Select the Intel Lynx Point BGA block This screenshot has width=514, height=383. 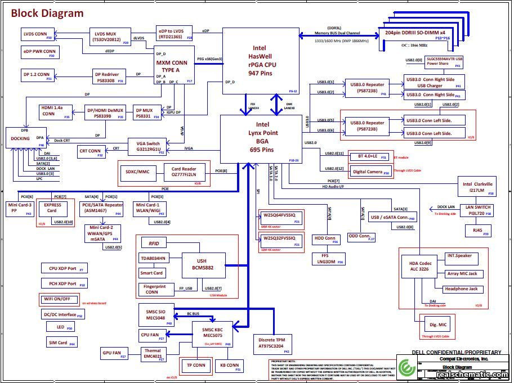pos(260,138)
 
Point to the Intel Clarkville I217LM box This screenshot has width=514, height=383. pos(477,188)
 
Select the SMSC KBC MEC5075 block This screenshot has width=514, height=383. pos(212,334)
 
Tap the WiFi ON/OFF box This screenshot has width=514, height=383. pos(59,299)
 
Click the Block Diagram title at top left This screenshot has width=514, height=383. pos(47,13)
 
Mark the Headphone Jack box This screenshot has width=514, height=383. pos(461,289)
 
